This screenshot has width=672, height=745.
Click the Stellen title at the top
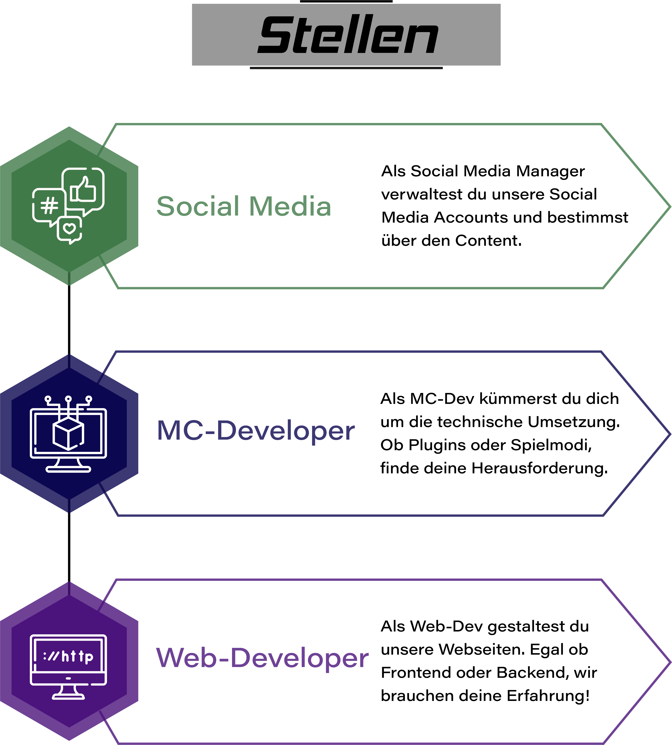[348, 35]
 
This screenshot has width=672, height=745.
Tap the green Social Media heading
[244, 206]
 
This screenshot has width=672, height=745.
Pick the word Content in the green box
[488, 241]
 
